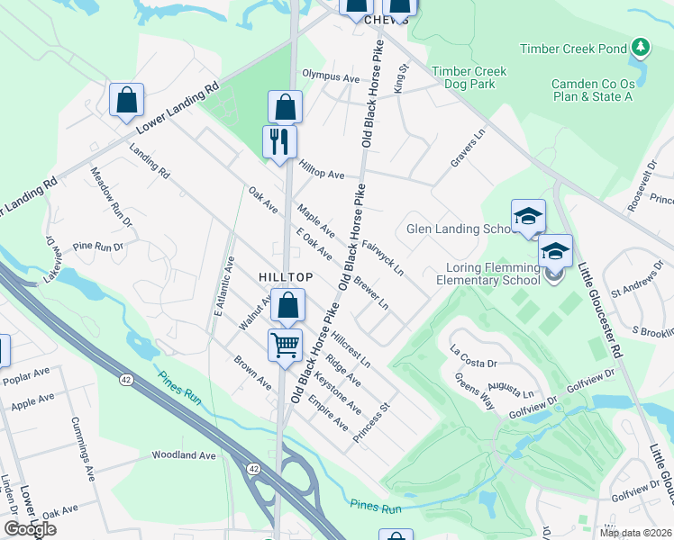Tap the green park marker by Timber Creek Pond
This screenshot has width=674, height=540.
[641, 47]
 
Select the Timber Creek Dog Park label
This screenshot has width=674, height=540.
[469, 77]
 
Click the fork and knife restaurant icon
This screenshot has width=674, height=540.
[279, 141]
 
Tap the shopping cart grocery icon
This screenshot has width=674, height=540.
[285, 345]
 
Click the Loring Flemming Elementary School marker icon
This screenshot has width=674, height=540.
[555, 251]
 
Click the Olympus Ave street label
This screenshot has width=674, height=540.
[331, 77]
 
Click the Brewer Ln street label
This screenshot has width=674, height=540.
[370, 290]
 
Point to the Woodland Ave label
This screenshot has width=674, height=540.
[184, 455]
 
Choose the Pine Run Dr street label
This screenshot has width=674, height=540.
[97, 245]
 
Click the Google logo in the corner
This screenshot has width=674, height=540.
[31, 529]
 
